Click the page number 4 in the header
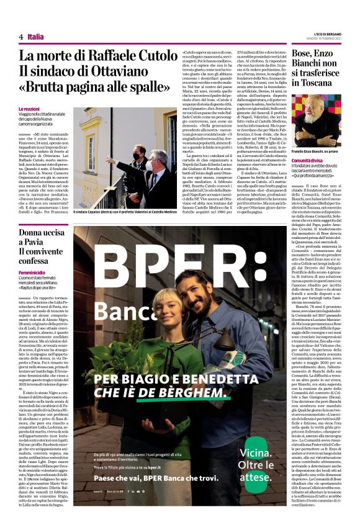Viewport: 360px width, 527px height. coord(21,37)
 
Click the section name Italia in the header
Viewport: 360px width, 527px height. coord(35,37)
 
